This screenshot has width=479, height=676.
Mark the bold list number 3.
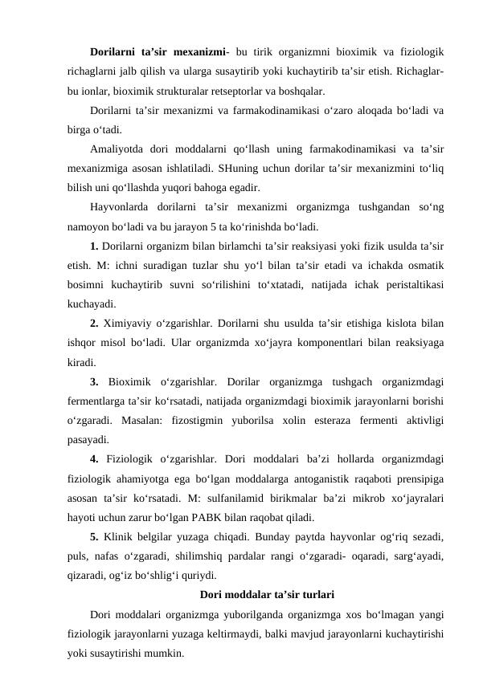(95, 384)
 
